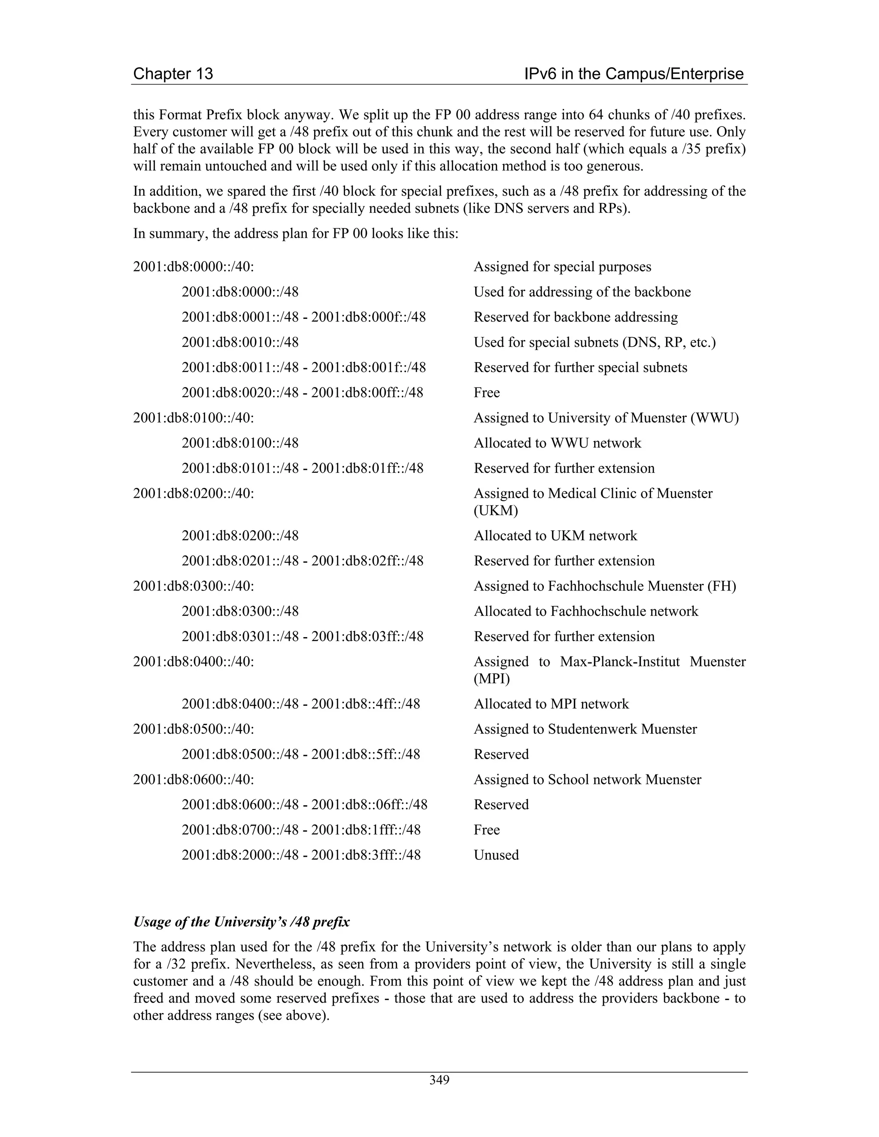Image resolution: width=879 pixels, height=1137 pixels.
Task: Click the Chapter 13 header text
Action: point(173,74)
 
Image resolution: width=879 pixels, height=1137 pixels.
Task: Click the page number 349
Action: point(439,1080)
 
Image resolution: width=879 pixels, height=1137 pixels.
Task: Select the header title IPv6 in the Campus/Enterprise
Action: point(634,74)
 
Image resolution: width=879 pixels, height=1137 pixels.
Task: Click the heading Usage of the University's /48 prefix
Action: point(241,922)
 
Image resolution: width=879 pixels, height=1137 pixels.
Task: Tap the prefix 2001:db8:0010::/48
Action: point(240,342)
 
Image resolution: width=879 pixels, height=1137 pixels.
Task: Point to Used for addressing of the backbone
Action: point(582,292)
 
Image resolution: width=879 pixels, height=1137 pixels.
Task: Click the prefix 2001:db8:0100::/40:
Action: point(193,418)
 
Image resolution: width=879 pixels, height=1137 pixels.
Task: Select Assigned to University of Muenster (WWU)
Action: point(606,418)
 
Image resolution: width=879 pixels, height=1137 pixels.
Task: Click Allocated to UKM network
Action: point(555,536)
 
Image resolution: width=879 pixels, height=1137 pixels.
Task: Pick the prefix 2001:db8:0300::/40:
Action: point(193,586)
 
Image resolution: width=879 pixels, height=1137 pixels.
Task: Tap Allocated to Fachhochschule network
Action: point(585,611)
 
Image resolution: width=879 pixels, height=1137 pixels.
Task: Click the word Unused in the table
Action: point(496,855)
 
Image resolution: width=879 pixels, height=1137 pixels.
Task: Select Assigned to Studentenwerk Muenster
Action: point(585,729)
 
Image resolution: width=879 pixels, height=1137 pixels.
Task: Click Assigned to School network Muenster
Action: point(587,779)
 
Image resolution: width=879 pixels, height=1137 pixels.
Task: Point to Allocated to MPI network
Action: point(551,704)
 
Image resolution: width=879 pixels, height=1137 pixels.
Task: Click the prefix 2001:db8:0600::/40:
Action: point(193,779)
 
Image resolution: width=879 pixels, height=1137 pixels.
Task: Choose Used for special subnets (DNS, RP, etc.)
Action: point(594,342)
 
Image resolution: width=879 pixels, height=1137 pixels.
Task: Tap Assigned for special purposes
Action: point(562,267)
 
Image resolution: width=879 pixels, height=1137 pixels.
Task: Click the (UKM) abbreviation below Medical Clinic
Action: point(495,511)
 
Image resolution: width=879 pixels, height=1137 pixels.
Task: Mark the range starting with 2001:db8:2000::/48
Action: point(300,855)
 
